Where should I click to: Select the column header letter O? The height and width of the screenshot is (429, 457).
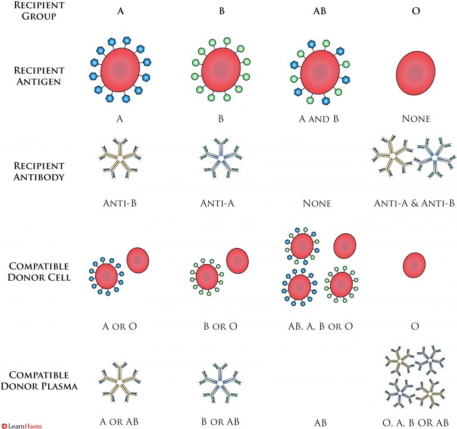pyautogui.click(x=415, y=11)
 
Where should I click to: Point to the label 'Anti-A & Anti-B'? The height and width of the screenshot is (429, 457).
pyautogui.click(x=414, y=203)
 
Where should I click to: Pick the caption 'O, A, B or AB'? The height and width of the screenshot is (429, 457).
pyautogui.click(x=414, y=422)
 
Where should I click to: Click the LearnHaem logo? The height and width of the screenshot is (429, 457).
pyautogui.click(x=20, y=424)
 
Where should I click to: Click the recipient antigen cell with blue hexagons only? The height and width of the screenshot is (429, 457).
pyautogui.click(x=121, y=70)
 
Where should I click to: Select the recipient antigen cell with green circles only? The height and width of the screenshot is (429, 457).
pyautogui.click(x=221, y=70)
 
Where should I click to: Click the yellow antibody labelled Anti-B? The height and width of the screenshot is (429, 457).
pyautogui.click(x=121, y=159)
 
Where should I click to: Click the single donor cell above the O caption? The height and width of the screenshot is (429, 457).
pyautogui.click(x=415, y=265)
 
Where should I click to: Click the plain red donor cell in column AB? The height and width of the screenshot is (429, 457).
pyautogui.click(x=345, y=245)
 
